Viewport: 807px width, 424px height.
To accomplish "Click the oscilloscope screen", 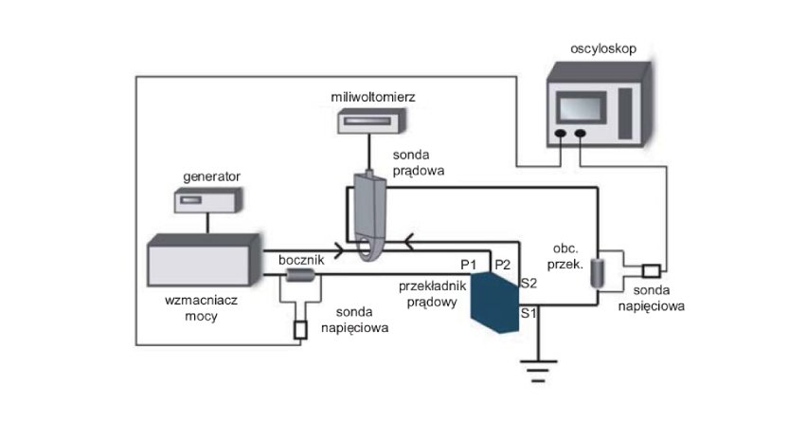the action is [581, 108].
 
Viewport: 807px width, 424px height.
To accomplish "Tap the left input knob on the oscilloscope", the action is [561, 134].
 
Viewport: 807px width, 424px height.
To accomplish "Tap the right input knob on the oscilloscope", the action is [580, 134].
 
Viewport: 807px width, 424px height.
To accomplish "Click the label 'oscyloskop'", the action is [603, 48].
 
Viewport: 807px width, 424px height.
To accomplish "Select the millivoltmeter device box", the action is [371, 120].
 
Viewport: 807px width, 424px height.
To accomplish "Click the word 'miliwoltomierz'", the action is [373, 97].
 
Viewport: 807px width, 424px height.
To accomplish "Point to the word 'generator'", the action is [211, 176].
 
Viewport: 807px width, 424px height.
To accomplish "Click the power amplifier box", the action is [205, 260].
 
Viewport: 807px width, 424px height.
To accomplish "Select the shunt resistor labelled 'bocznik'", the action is [300, 275].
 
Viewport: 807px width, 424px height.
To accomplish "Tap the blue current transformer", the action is [495, 303].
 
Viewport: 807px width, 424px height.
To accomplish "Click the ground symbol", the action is [538, 371].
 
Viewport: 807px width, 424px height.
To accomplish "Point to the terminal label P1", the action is [468, 265].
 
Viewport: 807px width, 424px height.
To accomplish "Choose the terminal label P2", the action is [502, 265].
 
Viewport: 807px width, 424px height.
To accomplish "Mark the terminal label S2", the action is [529, 283].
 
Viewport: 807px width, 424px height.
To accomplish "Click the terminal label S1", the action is [528, 313].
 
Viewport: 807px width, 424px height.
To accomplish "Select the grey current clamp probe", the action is [370, 216].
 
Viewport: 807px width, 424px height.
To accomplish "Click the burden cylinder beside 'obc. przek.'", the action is [597, 272].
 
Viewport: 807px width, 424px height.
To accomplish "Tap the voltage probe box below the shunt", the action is [300, 330].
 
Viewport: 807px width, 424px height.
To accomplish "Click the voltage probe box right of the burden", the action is [651, 270].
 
